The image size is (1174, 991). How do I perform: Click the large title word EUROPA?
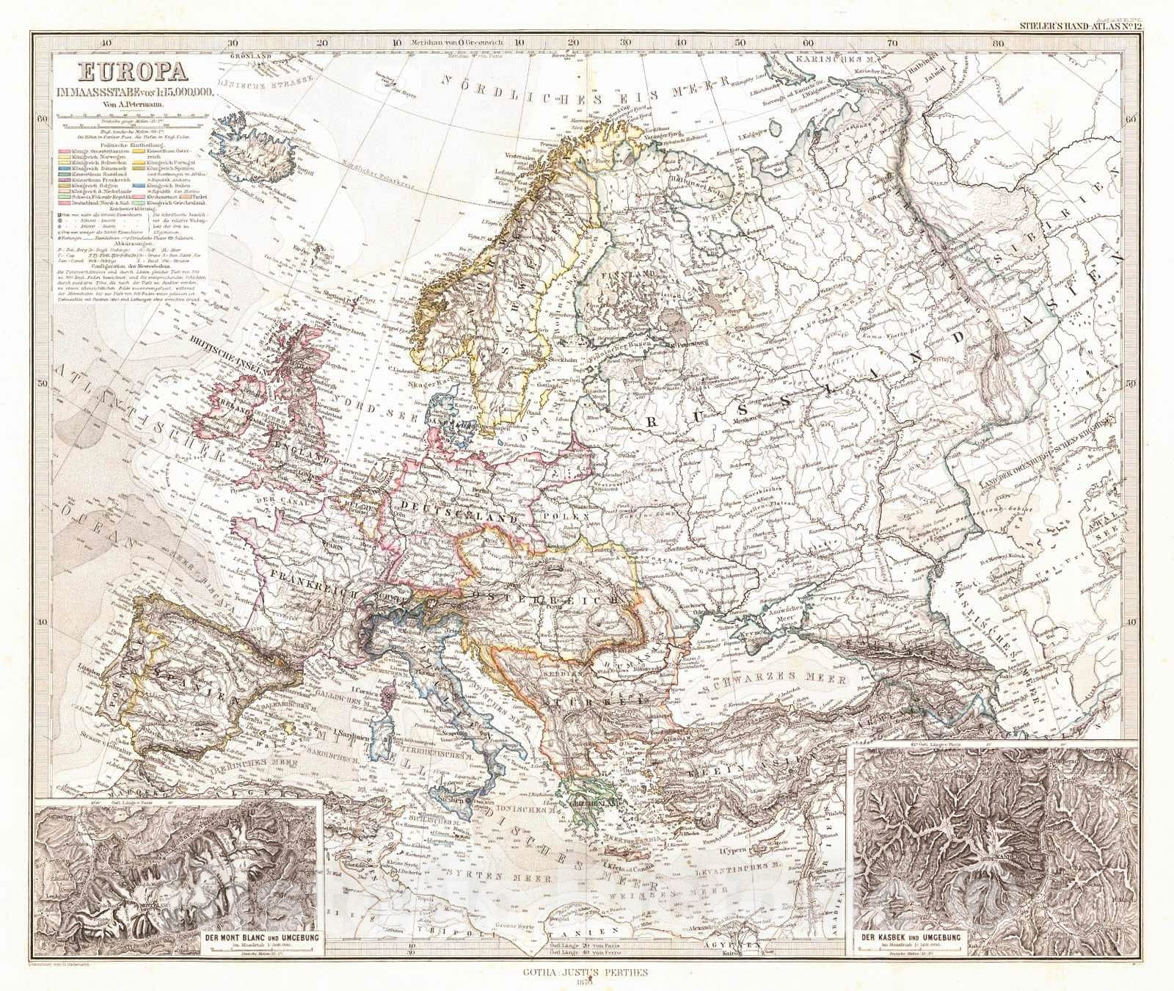coord(124,74)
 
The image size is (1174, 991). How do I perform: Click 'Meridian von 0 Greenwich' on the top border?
coord(456,43)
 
